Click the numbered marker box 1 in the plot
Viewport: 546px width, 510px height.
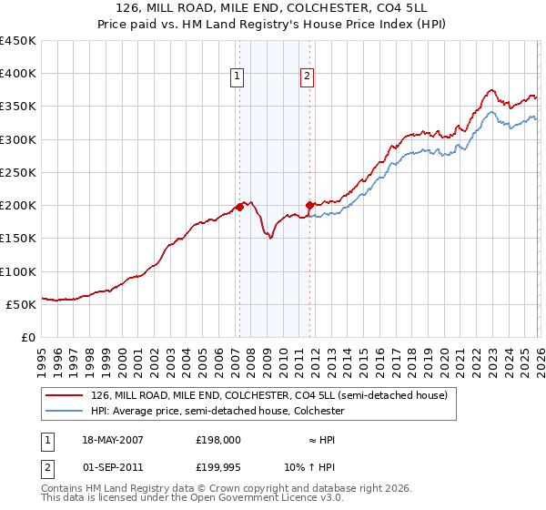(237, 76)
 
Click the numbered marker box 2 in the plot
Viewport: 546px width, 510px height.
(308, 76)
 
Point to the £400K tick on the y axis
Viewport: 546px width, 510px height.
(18, 74)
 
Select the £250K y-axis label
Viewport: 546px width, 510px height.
(18, 172)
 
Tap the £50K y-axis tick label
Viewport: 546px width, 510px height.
(21, 304)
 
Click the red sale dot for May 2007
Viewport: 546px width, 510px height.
(239, 207)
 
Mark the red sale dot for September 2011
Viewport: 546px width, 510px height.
(309, 205)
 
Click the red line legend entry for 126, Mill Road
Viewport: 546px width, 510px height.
(268, 396)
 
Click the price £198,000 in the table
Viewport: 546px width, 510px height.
(218, 439)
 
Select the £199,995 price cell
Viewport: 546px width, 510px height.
(218, 469)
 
